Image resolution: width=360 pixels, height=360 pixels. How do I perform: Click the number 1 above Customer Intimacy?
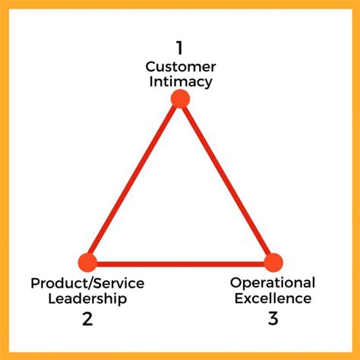pos(179,48)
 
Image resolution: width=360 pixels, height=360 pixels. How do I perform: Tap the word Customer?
pos(181,67)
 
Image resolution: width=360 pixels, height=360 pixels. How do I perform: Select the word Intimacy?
pos(181,82)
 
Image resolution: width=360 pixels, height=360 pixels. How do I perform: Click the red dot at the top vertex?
pos(180,99)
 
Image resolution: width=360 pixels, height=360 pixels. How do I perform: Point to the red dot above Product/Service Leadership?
pos(87,263)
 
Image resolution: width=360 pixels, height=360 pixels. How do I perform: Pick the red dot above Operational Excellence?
pos(273,263)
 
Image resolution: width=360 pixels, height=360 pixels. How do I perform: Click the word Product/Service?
pos(87,283)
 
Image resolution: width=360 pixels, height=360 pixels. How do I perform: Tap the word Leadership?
pos(87,298)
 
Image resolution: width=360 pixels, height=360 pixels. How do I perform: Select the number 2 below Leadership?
pos(87,319)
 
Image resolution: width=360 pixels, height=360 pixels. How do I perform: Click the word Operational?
pos(273,283)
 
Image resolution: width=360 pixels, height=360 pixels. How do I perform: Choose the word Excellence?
pos(273,298)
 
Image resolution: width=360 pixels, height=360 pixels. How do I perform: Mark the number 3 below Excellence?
pos(273,318)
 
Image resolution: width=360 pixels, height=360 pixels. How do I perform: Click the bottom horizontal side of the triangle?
pos(180,264)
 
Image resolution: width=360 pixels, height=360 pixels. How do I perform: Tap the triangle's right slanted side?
pos(226,180)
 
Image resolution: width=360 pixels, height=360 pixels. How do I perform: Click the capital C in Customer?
pos(151,67)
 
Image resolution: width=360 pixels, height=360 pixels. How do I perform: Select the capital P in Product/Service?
pos(36,283)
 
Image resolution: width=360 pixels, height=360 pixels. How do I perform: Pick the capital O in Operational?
pos(236,283)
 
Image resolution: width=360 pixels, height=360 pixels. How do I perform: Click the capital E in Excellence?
pos(239,298)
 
